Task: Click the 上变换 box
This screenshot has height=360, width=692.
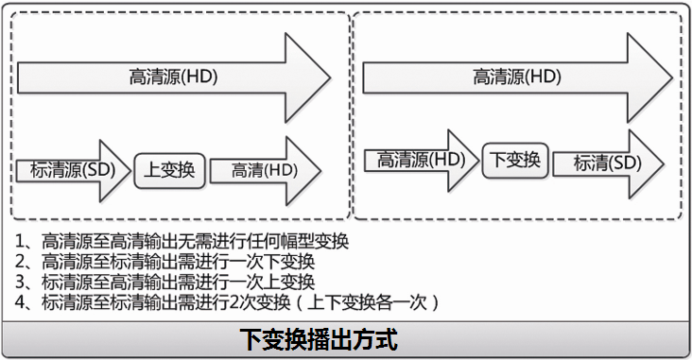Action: (169, 170)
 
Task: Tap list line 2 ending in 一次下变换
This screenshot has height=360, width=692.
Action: (165, 262)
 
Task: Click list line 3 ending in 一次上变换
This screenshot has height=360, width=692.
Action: (165, 282)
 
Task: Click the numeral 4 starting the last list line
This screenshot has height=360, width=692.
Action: (21, 302)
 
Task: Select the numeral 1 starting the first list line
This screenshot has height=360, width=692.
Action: (21, 241)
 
